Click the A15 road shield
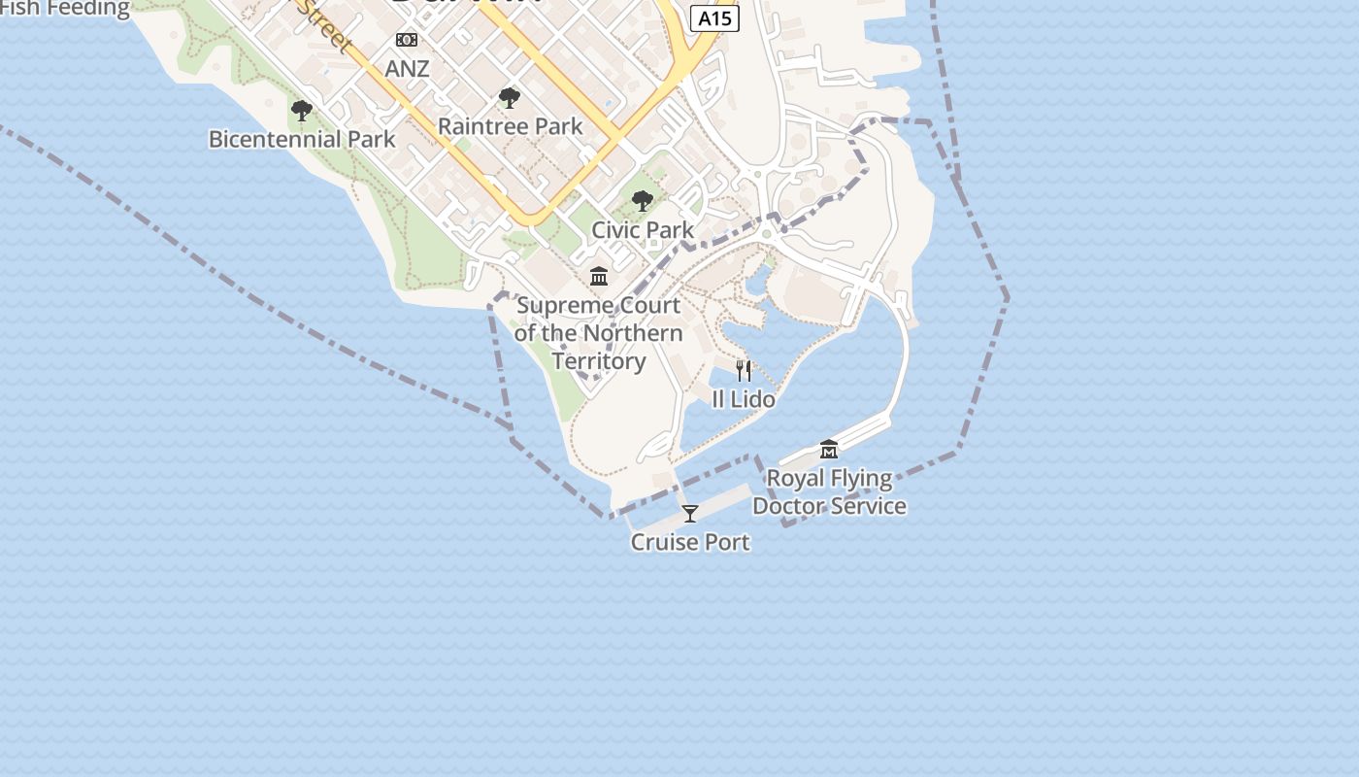tap(714, 18)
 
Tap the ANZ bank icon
tap(407, 40)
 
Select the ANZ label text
tap(407, 69)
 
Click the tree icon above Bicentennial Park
tap(302, 111)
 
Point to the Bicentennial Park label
tap(302, 139)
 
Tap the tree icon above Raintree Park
tap(509, 97)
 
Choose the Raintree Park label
tap(510, 126)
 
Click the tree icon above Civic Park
tap(642, 201)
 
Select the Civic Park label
tap(643, 230)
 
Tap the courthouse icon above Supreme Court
tap(599, 277)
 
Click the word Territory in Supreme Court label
tap(599, 361)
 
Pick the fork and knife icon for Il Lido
tap(744, 370)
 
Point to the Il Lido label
tap(744, 399)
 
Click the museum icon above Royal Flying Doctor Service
tap(829, 449)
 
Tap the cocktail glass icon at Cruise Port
tap(690, 513)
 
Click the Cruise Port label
tap(690, 542)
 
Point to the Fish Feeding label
tap(64, 9)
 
